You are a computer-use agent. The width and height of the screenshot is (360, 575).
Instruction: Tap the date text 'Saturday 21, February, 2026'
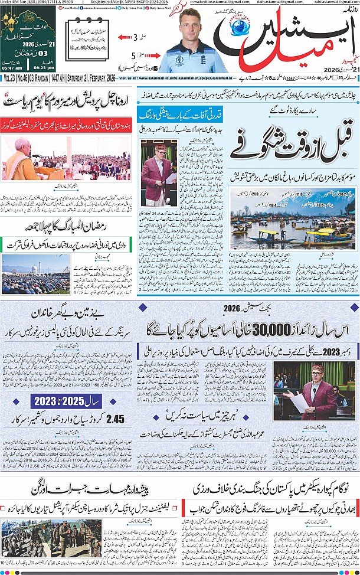[x=87, y=78]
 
